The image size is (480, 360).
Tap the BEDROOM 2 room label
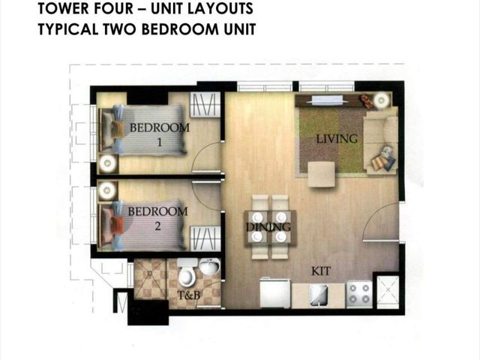(x=157, y=218)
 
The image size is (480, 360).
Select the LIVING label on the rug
(x=337, y=139)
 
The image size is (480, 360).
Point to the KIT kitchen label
(x=321, y=271)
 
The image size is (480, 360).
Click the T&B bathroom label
(x=188, y=295)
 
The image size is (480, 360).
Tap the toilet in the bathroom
(x=187, y=271)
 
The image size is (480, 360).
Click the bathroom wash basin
(x=209, y=266)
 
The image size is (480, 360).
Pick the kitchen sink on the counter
(x=318, y=295)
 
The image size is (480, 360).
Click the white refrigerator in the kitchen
(x=275, y=293)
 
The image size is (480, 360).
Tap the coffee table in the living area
(x=321, y=174)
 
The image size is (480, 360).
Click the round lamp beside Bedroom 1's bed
(x=107, y=163)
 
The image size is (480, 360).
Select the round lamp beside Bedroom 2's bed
(x=107, y=190)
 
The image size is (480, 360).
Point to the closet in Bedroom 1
(x=205, y=105)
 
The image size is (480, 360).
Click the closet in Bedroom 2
(x=205, y=238)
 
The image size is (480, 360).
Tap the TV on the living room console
(x=327, y=100)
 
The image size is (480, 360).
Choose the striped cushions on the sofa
(x=383, y=158)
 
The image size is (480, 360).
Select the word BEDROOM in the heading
(x=180, y=29)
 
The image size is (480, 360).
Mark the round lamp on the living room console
(x=382, y=100)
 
